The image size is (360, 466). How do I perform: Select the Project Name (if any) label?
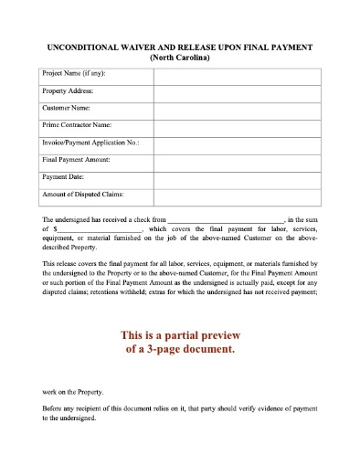coord(73,74)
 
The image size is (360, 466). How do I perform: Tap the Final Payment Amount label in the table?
coord(77,159)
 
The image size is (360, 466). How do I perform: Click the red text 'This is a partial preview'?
coord(179,334)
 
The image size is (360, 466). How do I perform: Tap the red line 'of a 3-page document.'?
coord(179,350)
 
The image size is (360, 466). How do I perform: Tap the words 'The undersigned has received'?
coord(90,220)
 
